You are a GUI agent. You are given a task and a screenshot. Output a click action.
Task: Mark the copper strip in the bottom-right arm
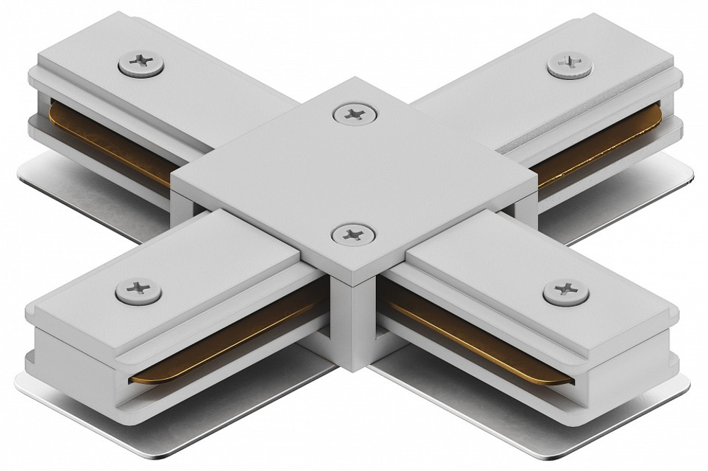pyautogui.click(x=481, y=333)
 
